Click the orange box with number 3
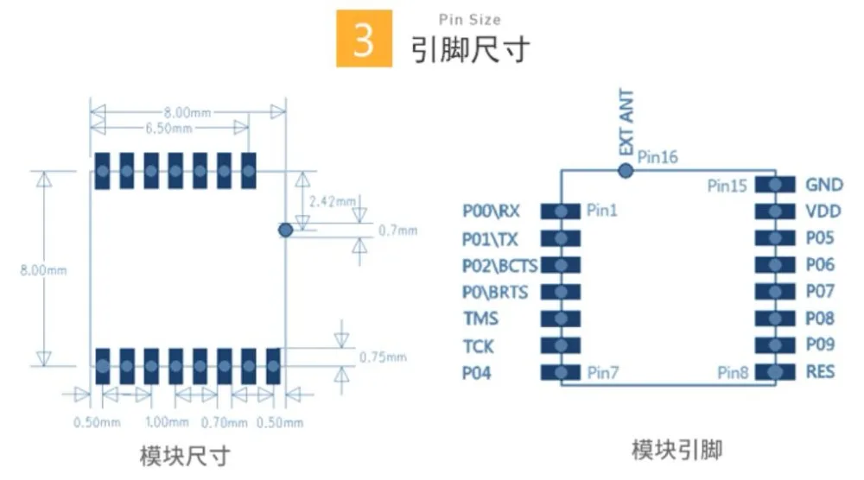tap(365, 39)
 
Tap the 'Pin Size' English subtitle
tap(469, 20)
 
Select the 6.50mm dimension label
tap(168, 129)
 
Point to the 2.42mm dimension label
tap(333, 201)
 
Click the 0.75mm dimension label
tap(383, 357)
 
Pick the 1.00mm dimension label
tap(167, 422)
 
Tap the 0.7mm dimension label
tap(397, 231)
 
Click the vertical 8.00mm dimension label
tap(43, 270)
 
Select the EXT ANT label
tap(626, 123)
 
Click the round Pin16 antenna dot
tap(626, 171)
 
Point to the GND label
tap(823, 185)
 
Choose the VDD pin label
tap(823, 212)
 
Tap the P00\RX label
tap(491, 211)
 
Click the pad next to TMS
tap(561, 319)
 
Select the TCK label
tap(478, 346)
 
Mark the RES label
tap(820, 371)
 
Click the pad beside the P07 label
tap(775, 291)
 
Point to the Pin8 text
tap(733, 373)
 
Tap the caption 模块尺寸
tap(185, 457)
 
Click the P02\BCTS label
tap(499, 265)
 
